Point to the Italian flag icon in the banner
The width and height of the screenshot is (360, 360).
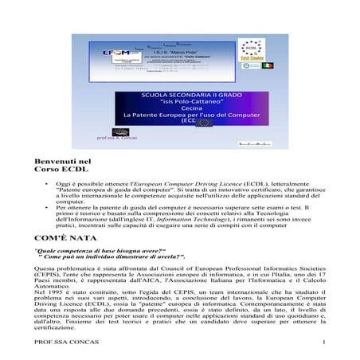pyautogui.click(x=268, y=65)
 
